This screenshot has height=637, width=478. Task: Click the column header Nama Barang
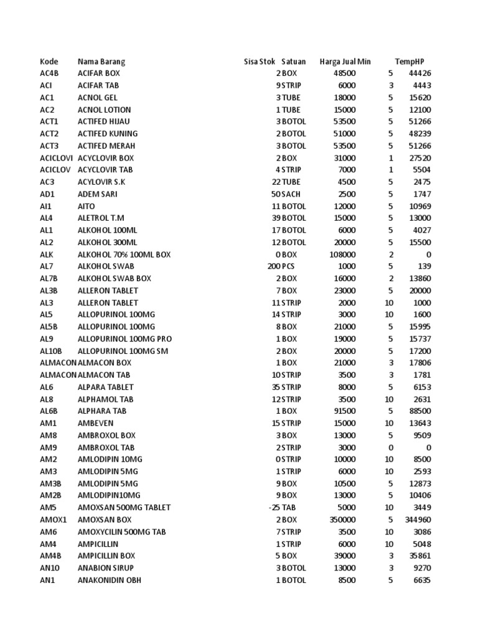click(101, 62)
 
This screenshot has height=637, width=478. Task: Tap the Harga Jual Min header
click(345, 62)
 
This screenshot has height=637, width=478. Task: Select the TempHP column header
click(410, 62)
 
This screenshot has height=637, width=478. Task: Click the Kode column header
click(49, 62)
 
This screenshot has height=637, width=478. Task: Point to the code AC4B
click(50, 73)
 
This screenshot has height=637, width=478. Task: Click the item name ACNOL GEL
click(97, 98)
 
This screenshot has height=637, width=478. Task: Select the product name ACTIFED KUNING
click(108, 134)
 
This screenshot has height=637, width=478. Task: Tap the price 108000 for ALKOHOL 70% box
click(342, 254)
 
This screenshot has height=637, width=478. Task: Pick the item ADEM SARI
click(98, 194)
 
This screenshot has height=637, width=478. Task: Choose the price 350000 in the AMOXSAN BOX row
click(342, 519)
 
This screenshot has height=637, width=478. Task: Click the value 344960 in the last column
click(417, 519)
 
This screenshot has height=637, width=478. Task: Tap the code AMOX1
click(53, 519)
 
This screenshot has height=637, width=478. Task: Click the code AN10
click(50, 568)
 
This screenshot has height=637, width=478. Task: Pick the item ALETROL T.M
click(101, 218)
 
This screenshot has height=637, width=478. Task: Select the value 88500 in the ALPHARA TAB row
click(419, 411)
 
